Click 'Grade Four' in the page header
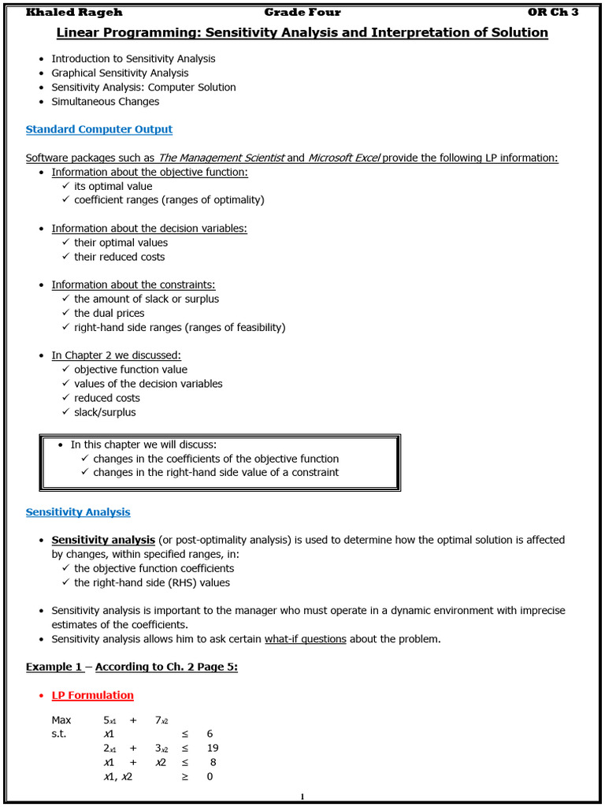pyautogui.click(x=302, y=12)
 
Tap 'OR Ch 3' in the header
pyautogui.click(x=552, y=12)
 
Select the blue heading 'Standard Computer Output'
pyautogui.click(x=99, y=129)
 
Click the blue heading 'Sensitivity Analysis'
pyautogui.click(x=78, y=512)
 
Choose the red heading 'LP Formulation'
pyautogui.click(x=92, y=695)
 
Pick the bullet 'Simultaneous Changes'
pyautogui.click(x=105, y=102)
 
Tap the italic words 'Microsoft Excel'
pyautogui.click(x=344, y=158)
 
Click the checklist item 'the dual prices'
pyautogui.click(x=109, y=313)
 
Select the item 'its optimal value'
pyautogui.click(x=113, y=186)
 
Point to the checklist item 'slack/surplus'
pyautogui.click(x=105, y=412)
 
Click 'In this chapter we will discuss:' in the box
pyautogui.click(x=143, y=444)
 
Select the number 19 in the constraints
pyautogui.click(x=212, y=748)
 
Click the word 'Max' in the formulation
pyautogui.click(x=61, y=720)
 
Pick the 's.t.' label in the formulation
pyautogui.click(x=59, y=734)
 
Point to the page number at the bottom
pyautogui.click(x=302, y=798)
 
